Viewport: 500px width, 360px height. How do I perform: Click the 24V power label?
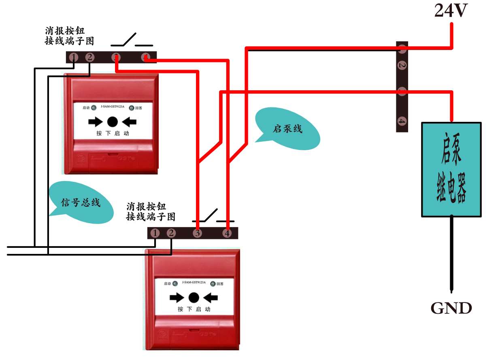coord(451,11)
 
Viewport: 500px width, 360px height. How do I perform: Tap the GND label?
coord(451,309)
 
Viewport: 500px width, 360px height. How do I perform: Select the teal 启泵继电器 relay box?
coord(451,169)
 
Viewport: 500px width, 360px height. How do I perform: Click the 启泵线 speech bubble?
coord(288,129)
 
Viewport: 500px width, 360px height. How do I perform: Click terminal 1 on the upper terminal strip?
coord(73,58)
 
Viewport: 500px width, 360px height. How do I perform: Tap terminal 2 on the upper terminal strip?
coord(90,58)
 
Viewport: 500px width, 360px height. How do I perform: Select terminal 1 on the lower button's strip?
coord(155,233)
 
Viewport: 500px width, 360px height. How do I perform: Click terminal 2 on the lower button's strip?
coord(172,233)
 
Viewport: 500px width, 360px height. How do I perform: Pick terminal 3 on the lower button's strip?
coord(197,233)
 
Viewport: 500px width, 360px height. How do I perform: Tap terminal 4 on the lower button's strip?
coord(227,233)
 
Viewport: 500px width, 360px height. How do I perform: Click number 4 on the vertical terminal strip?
coord(401,121)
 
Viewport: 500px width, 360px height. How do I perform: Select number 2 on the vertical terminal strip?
coord(401,65)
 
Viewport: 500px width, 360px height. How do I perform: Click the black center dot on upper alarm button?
coord(113,121)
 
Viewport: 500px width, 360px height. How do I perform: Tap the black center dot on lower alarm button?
coord(194,298)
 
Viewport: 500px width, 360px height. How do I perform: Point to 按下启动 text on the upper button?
coord(113,134)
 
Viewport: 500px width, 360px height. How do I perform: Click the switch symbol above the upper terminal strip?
coord(132,41)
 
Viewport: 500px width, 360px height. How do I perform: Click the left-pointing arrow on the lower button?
coord(211,298)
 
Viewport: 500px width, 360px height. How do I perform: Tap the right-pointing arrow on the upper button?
coord(96,121)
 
